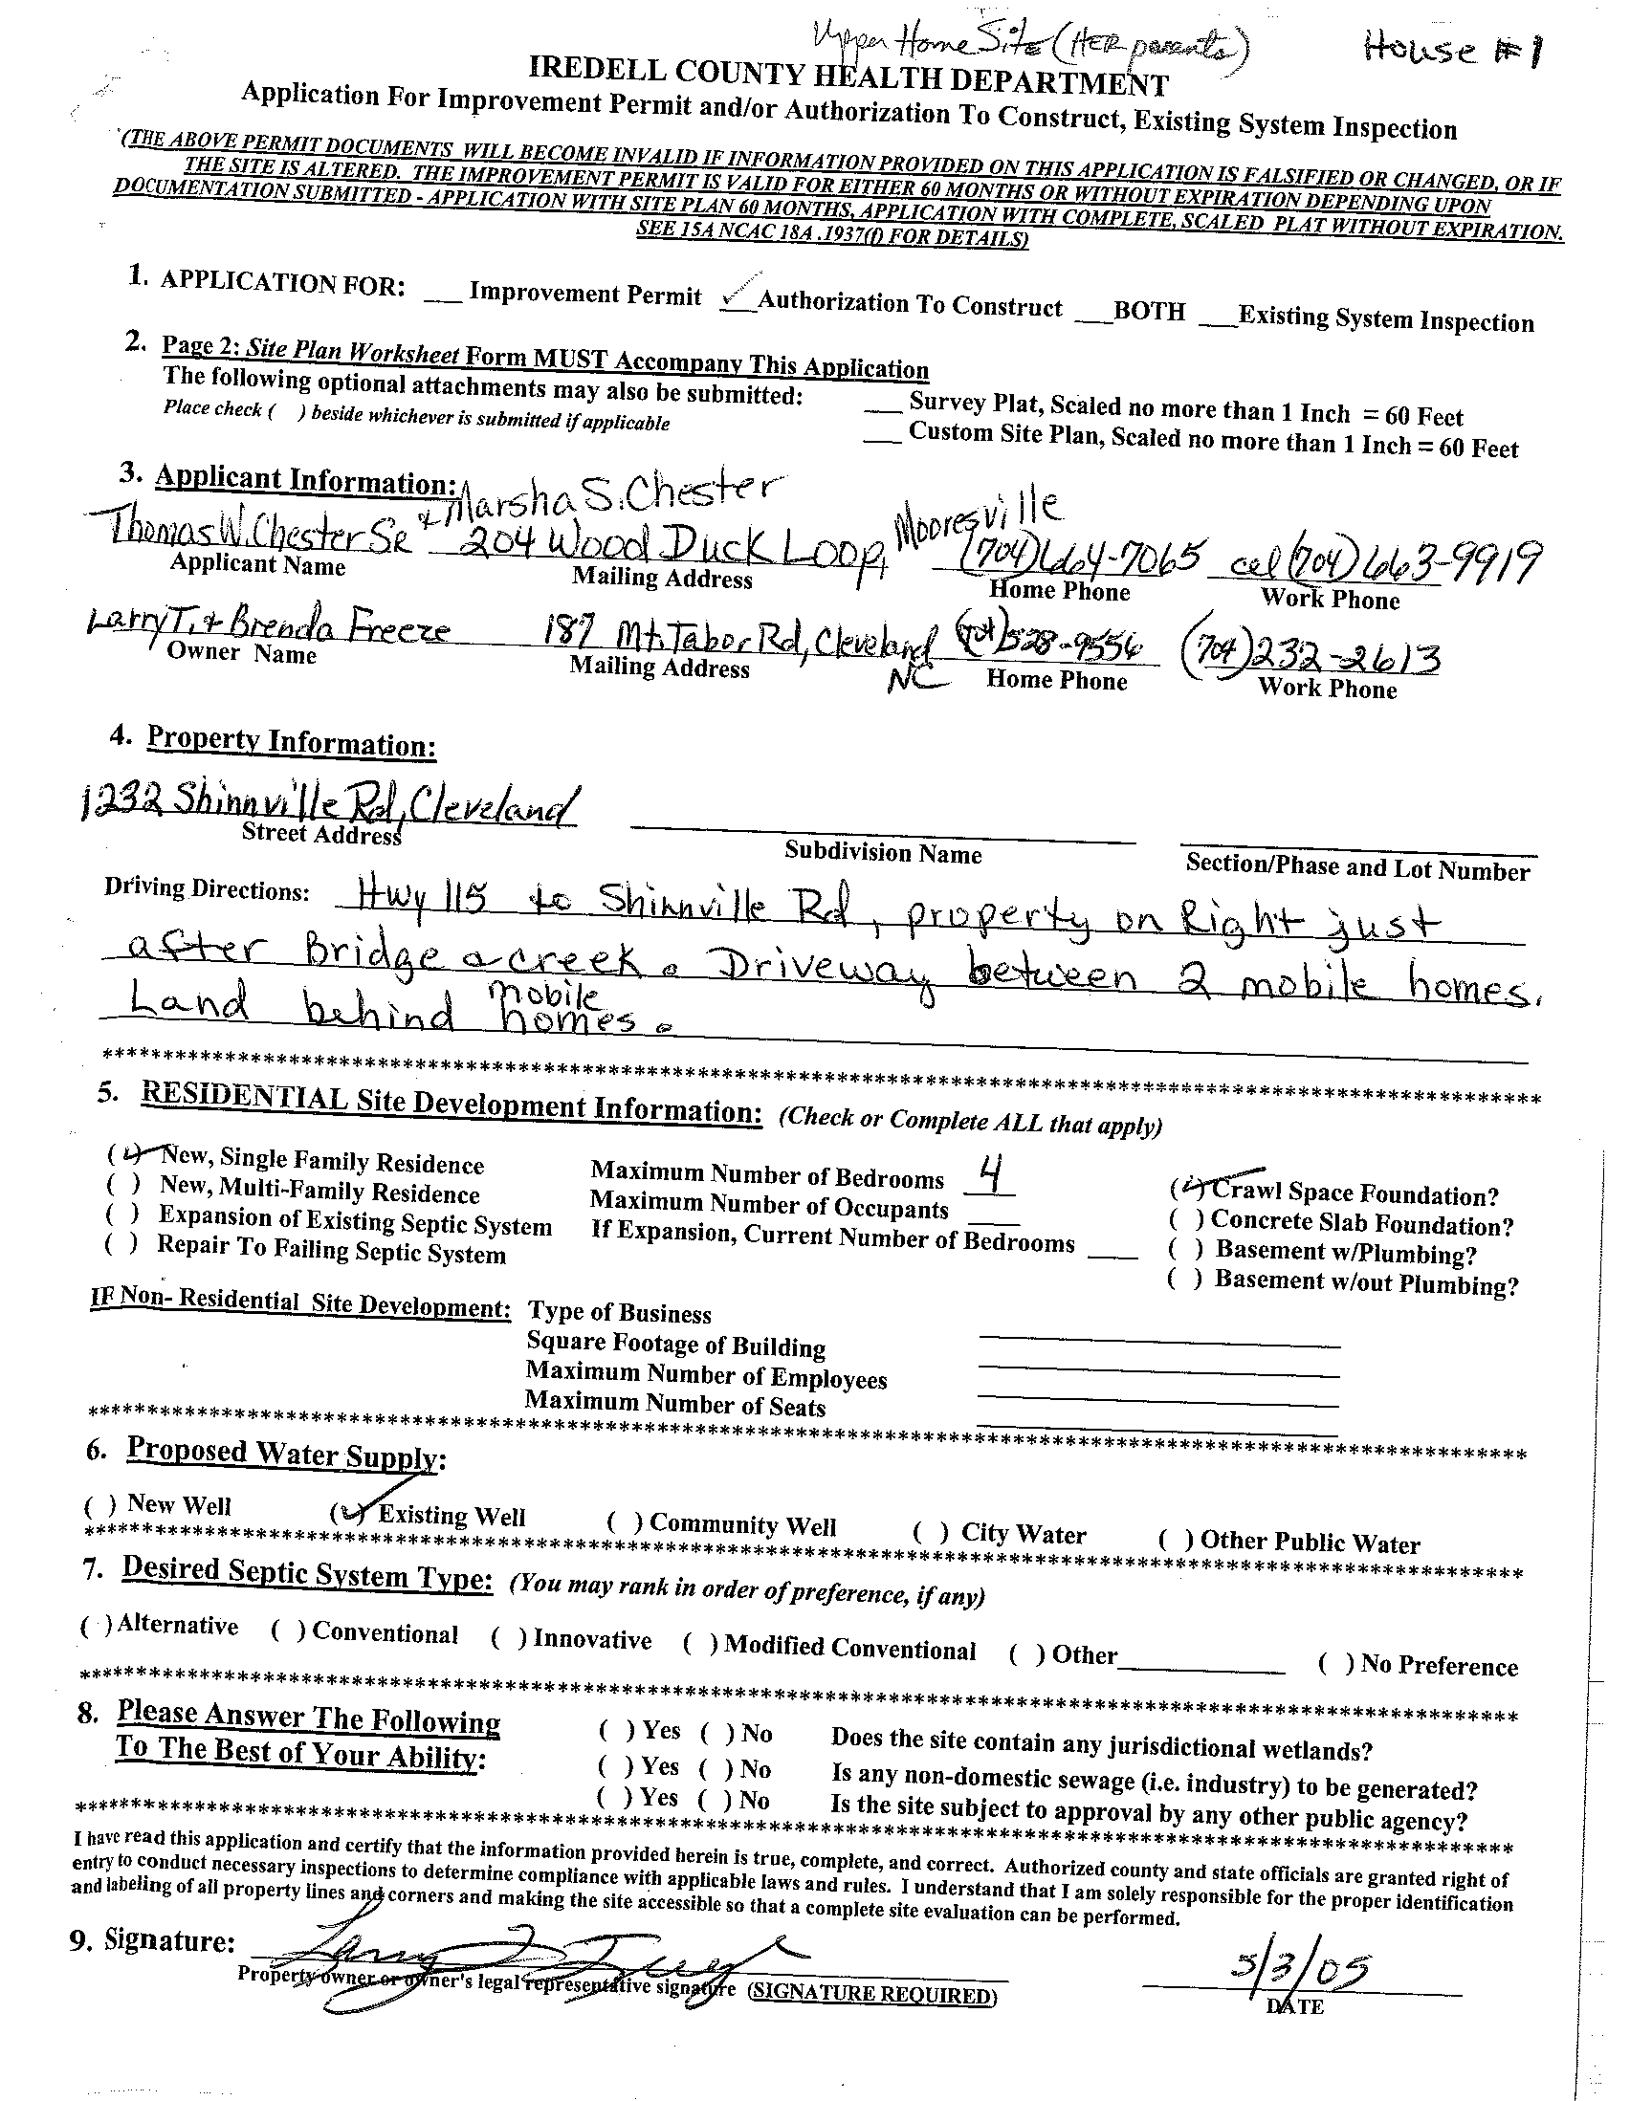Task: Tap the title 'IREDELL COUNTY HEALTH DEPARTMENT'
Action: pos(848,77)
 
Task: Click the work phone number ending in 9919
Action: pos(1386,562)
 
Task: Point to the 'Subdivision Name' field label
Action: pos(882,853)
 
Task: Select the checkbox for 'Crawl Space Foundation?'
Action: pos(1186,1189)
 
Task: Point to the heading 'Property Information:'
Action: pos(291,742)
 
